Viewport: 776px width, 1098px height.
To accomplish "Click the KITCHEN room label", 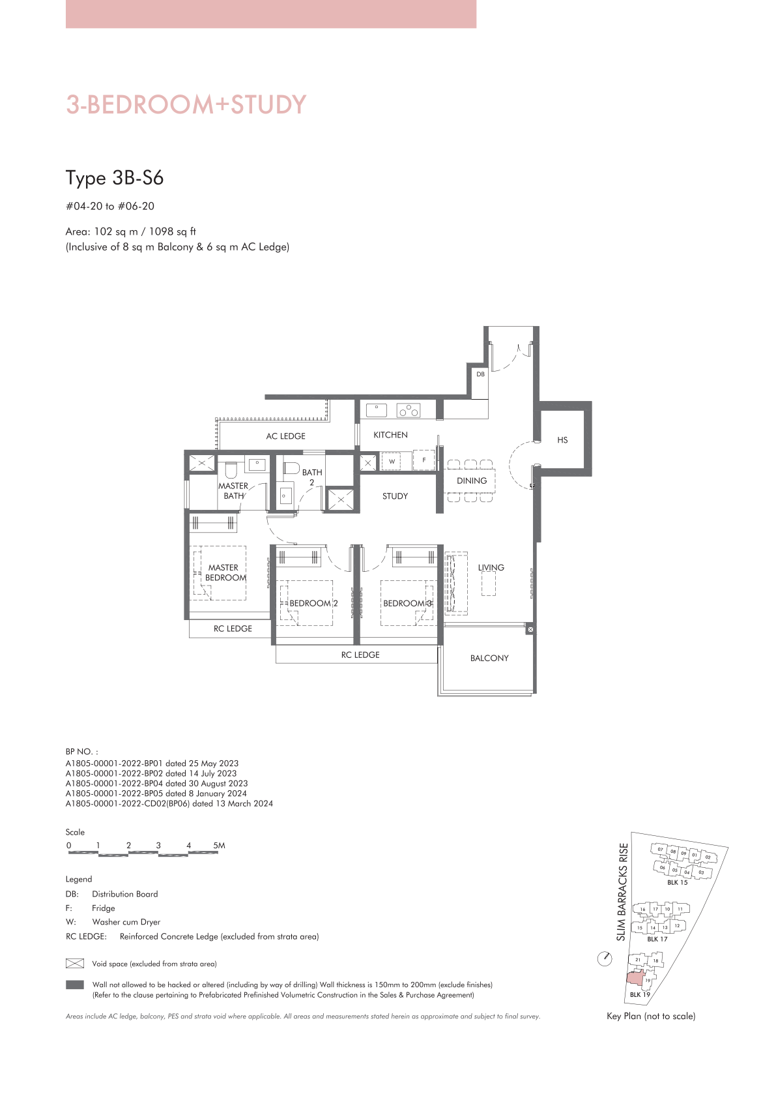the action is click(x=390, y=435).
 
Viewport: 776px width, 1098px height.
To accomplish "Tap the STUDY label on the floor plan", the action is click(x=395, y=496).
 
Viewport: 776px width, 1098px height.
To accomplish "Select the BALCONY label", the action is click(x=489, y=659).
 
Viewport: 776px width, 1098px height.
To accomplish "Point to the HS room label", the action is click(x=562, y=440).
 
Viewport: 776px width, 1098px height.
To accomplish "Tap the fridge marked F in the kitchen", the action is click(x=424, y=460).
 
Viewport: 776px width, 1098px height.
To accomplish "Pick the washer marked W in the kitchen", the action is click(x=392, y=461).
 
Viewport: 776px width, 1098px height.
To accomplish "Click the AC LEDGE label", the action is click(x=285, y=436).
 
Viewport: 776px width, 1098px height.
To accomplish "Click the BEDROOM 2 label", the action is click(x=313, y=603).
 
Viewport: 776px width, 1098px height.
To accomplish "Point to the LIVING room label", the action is click(x=491, y=568).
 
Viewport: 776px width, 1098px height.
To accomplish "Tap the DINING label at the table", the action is click(x=471, y=481).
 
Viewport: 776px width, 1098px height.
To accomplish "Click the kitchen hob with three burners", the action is click(x=409, y=410).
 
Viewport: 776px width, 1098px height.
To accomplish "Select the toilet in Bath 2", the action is click(x=291, y=468).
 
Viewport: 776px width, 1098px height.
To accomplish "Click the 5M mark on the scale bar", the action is click(x=219, y=846).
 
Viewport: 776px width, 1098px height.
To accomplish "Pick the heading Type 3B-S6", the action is click(x=115, y=178).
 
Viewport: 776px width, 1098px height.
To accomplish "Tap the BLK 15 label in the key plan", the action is click(x=677, y=882).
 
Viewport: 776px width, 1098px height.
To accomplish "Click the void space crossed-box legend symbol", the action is click(x=74, y=964).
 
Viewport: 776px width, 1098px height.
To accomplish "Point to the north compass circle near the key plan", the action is click(x=605, y=958).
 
